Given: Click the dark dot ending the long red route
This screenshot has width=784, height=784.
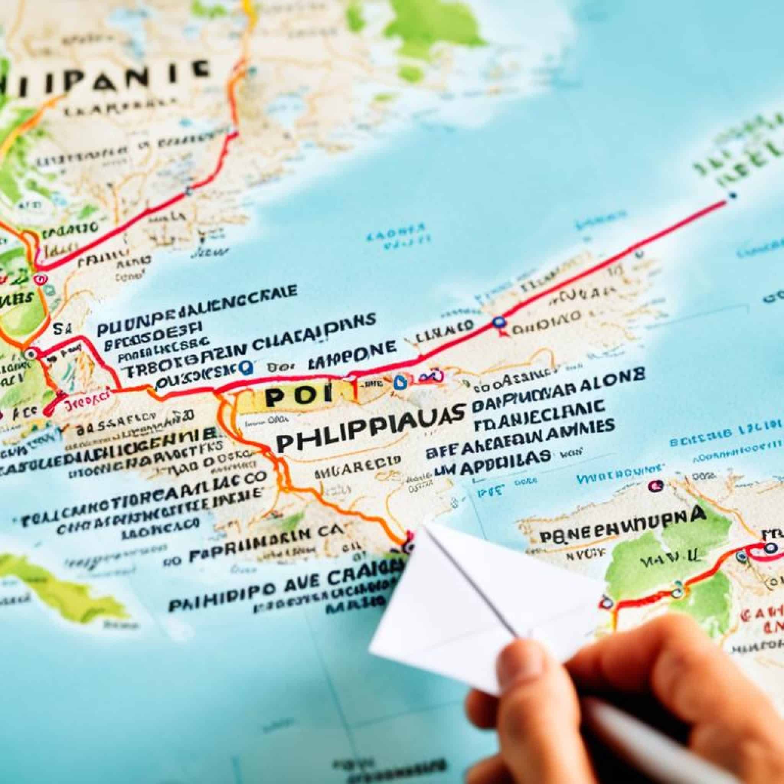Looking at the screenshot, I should point(732,195).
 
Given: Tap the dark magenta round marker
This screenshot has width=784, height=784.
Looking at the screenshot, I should point(655,485).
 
